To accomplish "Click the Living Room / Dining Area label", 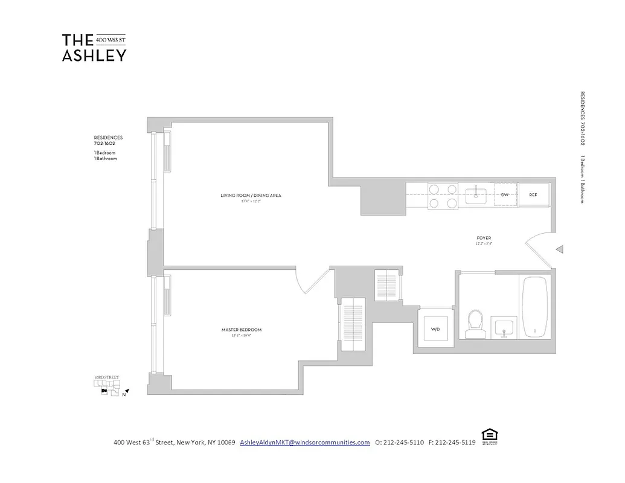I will [251, 195].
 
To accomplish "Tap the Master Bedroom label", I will [241, 330].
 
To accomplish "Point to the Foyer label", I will [484, 238].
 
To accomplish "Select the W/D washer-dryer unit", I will [435, 330].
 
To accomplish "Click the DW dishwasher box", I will [505, 195].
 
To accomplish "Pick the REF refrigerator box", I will [533, 195].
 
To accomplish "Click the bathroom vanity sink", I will [502, 327].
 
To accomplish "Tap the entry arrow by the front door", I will [560, 249].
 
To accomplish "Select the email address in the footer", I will [305, 442].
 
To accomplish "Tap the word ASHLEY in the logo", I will [94, 56].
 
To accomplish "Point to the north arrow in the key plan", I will [127, 392].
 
